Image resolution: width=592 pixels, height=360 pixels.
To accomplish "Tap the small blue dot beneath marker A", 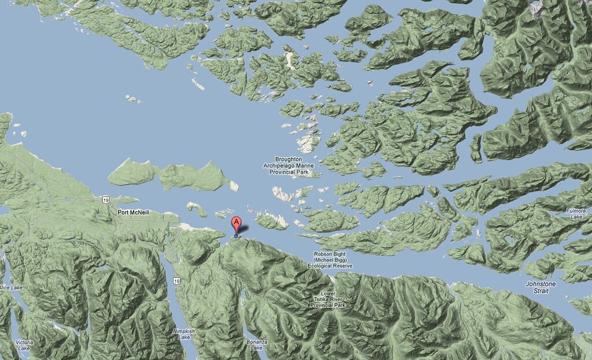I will pos(236,236).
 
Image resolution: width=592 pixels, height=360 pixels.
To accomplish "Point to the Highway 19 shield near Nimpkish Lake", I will pos(175,281).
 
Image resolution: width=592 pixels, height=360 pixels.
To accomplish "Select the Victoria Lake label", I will pos(24,346).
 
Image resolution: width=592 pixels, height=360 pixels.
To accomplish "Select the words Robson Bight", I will pos(331,254).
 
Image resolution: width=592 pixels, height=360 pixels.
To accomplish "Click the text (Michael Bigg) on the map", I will pos(331,261).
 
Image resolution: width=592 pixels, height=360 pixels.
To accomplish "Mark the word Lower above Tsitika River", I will pos(328,292).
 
